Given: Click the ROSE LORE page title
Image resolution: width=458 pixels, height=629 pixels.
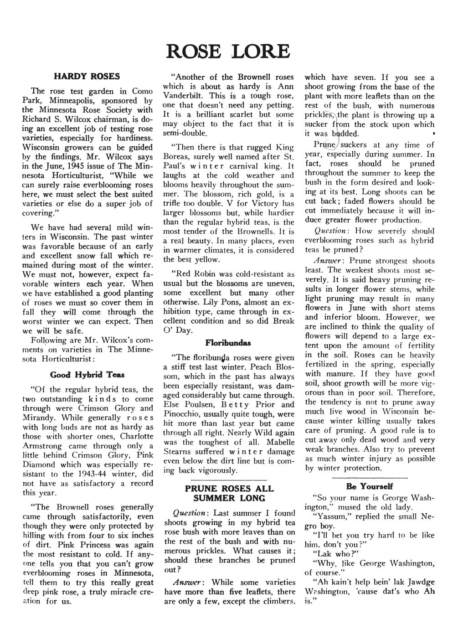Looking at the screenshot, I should pyautogui.click(x=228, y=51).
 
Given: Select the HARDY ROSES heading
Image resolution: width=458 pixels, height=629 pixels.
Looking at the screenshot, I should pyautogui.click(x=87, y=76).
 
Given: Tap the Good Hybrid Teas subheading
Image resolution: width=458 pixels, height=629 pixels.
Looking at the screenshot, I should pyautogui.click(x=87, y=375).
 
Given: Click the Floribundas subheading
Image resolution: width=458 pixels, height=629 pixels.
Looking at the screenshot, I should pyautogui.click(x=228, y=342).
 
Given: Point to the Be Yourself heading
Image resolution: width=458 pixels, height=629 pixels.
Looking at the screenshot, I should pyautogui.click(x=370, y=486).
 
